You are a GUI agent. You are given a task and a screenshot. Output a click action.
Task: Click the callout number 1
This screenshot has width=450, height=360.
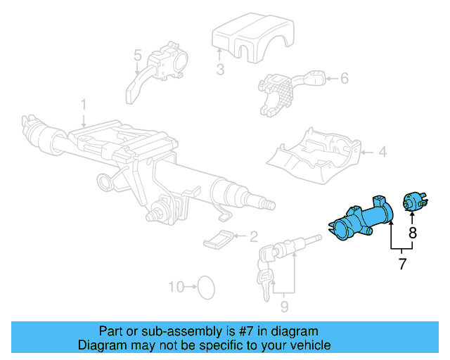(x=83, y=105)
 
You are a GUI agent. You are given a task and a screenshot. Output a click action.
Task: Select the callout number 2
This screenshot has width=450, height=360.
(x=253, y=237)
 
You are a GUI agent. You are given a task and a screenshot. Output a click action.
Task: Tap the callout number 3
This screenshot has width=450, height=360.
(x=219, y=69)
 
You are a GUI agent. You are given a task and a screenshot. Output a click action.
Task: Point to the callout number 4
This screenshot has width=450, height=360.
(x=382, y=151)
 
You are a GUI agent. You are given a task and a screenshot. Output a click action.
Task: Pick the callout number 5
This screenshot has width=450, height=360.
(x=138, y=54)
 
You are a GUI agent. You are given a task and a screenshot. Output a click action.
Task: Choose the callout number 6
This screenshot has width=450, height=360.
(x=344, y=79)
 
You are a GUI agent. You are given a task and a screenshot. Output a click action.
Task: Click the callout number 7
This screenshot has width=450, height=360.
(x=402, y=265)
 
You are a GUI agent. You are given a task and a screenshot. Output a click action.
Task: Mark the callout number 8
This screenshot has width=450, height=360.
(x=413, y=233)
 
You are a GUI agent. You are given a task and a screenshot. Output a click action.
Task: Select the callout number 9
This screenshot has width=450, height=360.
(x=284, y=306)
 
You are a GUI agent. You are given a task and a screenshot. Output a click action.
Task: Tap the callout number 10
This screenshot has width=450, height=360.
(x=176, y=287)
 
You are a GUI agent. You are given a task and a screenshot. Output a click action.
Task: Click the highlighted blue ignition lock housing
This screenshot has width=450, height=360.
(x=362, y=220)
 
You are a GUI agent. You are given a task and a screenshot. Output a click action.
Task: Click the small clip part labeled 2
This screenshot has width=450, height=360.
(x=220, y=239)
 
